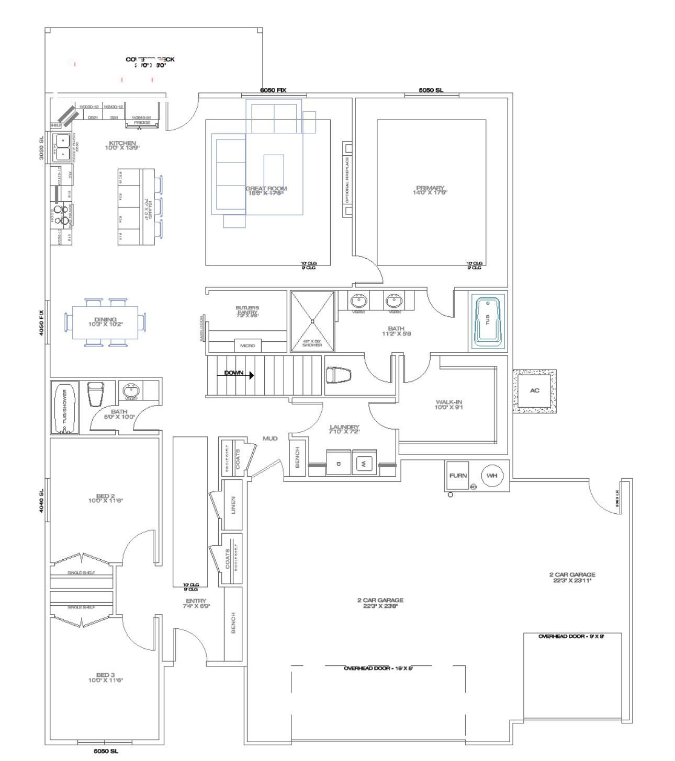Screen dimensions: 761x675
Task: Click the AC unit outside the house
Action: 534,391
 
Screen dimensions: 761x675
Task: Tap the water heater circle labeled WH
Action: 492,476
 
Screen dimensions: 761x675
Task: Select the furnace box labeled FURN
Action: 458,476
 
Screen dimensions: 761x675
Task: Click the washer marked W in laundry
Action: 365,463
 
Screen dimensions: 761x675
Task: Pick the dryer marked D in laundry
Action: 339,463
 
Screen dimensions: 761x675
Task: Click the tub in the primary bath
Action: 489,321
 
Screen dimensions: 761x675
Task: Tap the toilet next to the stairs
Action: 339,375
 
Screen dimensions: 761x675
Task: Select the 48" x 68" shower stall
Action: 312,321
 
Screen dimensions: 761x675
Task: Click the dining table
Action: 106,322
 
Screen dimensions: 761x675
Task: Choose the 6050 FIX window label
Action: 273,90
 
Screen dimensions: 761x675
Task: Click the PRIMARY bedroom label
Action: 430,190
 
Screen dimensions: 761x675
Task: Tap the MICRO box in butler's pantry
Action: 248,346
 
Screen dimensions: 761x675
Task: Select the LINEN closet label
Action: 233,505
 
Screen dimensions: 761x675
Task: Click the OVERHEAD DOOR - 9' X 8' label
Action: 571,636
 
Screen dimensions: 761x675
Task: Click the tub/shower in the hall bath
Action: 65,407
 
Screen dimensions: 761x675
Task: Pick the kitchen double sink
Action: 62,147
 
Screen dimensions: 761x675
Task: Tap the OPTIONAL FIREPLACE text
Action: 347,179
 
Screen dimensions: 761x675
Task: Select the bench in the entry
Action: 233,623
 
